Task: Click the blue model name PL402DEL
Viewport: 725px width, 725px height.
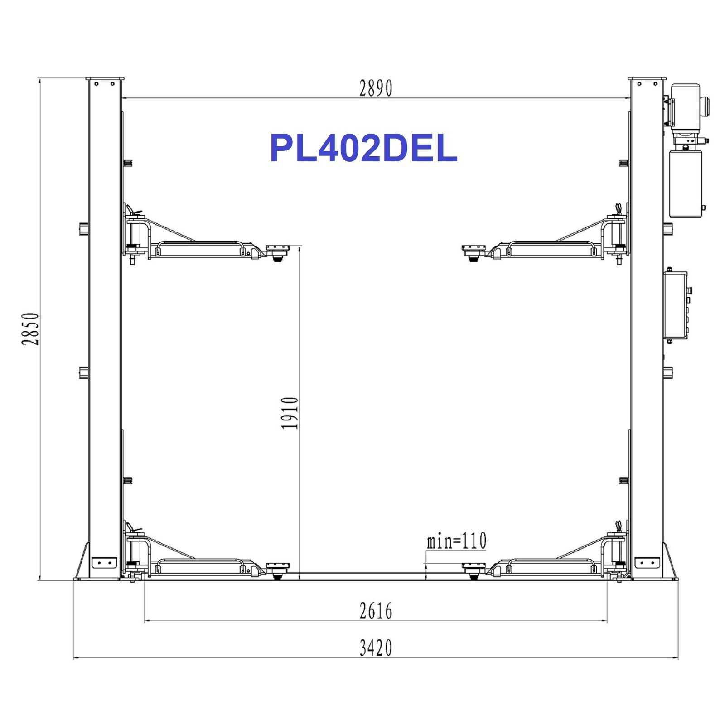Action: pos(363,148)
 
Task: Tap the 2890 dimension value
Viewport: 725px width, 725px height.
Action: pos(376,88)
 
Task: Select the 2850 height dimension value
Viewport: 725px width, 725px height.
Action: pos(30,329)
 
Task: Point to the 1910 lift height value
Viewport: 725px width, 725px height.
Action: pos(290,413)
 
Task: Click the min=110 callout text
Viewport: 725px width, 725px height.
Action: pos(456,541)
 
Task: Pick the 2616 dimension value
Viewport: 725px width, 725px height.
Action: pos(376,610)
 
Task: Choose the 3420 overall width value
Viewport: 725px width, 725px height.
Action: pos(376,648)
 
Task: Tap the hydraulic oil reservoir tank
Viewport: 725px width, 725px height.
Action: pos(686,184)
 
